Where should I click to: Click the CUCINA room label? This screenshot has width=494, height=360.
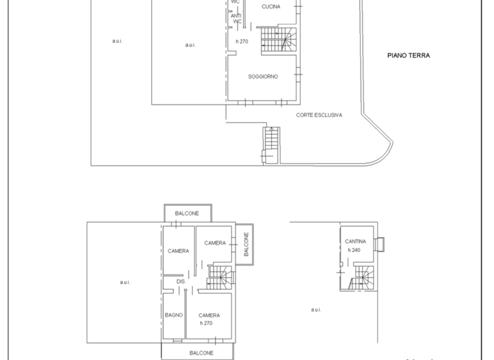pos(271,6)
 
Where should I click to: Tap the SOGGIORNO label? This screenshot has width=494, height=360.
pos(263,76)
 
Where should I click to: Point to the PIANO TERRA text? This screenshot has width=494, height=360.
pos(408,56)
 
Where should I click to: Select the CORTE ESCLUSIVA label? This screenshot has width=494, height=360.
pos(319,115)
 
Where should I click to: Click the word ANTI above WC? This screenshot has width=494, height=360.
pos(236,15)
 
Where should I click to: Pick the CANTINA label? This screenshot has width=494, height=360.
pos(355,242)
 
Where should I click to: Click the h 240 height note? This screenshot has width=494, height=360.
pos(354,249)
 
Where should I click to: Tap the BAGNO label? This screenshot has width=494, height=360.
pos(174,315)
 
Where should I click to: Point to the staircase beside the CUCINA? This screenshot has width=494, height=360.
pos(278,40)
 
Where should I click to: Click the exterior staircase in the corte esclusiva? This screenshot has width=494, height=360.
pos(271,145)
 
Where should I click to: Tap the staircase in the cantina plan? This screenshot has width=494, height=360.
pos(360,278)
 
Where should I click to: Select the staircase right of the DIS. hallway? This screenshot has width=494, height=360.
pos(219,278)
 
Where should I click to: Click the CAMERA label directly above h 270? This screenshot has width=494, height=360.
pos(209,316)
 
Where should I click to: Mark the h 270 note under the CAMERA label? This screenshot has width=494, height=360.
pos(206,323)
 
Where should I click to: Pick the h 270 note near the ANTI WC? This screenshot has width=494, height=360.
pos(242,41)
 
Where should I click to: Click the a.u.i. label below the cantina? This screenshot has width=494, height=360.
pos(316,309)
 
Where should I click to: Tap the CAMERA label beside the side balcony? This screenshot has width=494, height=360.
pos(215,243)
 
